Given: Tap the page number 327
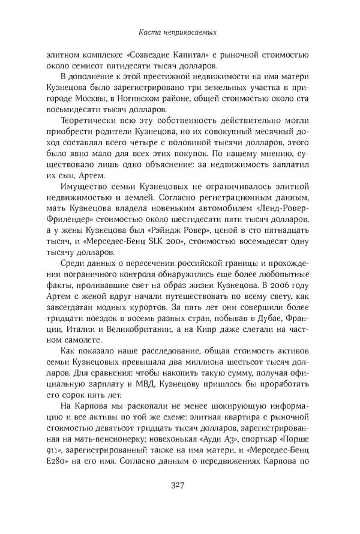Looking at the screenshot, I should [x=180, y=502].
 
